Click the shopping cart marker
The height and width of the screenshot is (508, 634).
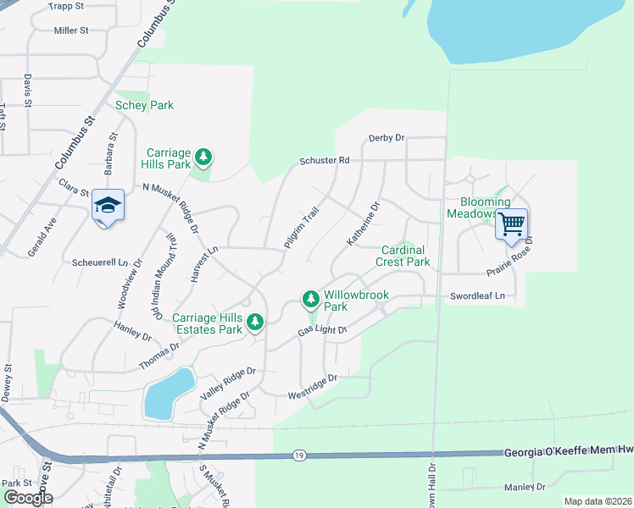[511, 225]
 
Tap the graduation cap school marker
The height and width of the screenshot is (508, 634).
[108, 206]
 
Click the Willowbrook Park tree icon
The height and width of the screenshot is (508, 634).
[310, 299]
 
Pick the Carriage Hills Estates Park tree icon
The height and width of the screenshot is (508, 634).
[254, 323]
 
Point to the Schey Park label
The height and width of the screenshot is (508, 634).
[144, 105]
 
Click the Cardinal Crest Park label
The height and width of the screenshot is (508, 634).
[405, 257]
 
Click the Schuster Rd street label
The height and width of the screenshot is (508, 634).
[324, 160]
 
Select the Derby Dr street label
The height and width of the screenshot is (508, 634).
[387, 138]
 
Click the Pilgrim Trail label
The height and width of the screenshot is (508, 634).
[300, 228]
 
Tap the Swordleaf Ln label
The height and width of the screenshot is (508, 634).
[477, 296]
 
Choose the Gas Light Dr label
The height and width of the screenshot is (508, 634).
[323, 329]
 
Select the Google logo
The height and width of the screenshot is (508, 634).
[28, 497]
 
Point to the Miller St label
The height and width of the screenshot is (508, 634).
[71, 30]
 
